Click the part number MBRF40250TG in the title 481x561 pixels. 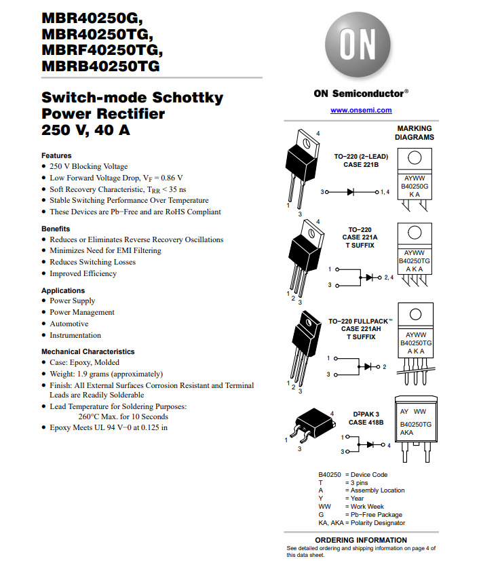pyautogui.click(x=102, y=50)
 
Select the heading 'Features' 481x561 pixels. pyautogui.click(x=56, y=155)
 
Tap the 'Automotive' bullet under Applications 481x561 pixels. pyautogui.click(x=69, y=324)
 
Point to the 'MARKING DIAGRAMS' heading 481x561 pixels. pyautogui.click(x=414, y=132)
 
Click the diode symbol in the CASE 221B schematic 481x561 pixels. pyautogui.click(x=351, y=192)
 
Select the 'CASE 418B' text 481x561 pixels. pyautogui.click(x=366, y=423)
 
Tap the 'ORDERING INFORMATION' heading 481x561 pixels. pyautogui.click(x=361, y=540)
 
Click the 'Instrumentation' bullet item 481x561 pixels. pyautogui.click(x=75, y=335)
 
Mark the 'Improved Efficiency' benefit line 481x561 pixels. pyautogui.click(x=83, y=273)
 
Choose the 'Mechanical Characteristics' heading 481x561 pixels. pyautogui.click(x=88, y=351)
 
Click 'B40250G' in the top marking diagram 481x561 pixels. pyautogui.click(x=415, y=186)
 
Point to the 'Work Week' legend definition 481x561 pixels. pyautogui.click(x=367, y=507)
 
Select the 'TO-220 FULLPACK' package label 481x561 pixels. pyautogui.click(x=363, y=321)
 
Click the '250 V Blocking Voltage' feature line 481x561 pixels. pyautogui.click(x=88, y=166)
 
